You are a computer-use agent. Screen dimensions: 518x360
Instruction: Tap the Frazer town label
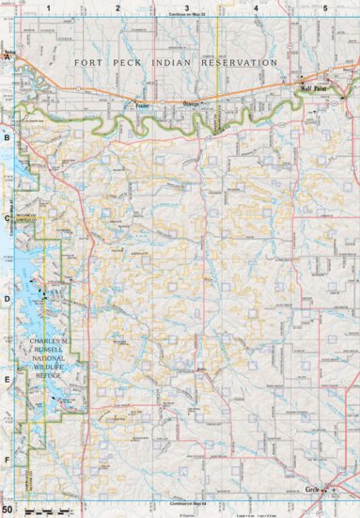[x=142, y=105]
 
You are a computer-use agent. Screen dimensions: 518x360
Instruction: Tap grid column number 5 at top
[x=325, y=8]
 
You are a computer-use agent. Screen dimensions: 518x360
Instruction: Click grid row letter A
[x=8, y=57]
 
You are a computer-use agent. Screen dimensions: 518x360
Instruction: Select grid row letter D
[x=8, y=299]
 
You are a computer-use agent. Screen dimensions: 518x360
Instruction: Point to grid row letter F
[x=8, y=460]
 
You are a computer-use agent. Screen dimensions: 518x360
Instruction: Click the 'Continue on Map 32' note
[x=186, y=16]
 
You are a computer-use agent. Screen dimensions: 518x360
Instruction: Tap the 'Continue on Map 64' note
[x=186, y=505]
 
